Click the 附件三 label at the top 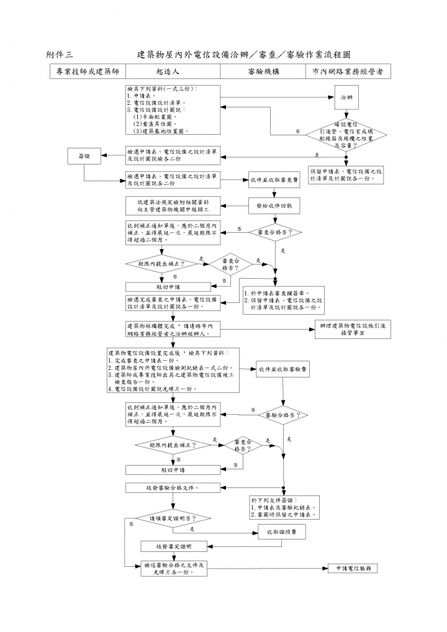tap(60, 55)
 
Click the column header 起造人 tap(168, 72)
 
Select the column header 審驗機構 tap(263, 72)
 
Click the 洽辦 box tap(346, 98)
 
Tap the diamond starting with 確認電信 tap(346, 132)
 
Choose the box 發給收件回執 tap(274, 205)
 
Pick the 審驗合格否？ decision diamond tap(283, 414)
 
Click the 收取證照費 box tap(282, 532)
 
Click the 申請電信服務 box tap(352, 569)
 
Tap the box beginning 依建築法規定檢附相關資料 tap(173, 205)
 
